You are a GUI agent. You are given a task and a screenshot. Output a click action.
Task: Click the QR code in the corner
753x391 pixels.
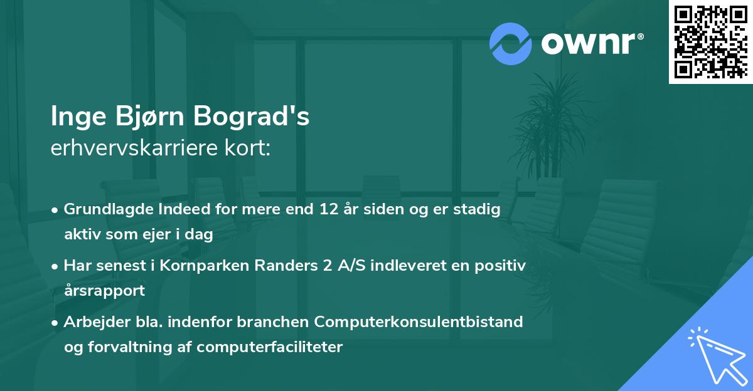point(710,41)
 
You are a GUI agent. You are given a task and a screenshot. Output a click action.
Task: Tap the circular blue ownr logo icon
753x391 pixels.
point(511,43)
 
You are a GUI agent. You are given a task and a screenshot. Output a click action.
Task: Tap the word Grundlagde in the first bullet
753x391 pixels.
point(103,210)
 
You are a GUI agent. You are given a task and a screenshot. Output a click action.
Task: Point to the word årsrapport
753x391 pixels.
point(104,290)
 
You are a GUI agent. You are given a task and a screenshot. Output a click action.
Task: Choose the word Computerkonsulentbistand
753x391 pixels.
point(419,321)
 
